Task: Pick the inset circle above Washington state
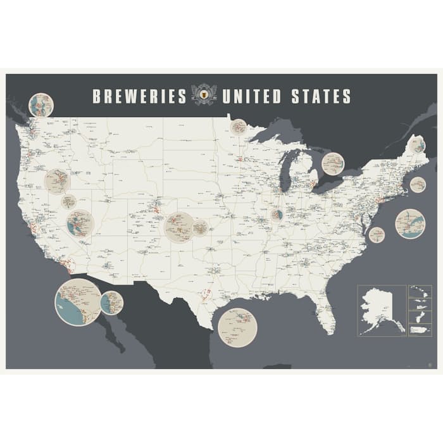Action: [41, 105]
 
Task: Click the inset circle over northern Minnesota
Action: [239, 127]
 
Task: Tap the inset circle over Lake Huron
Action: [333, 165]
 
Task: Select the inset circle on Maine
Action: [416, 145]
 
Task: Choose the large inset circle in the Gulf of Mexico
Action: [237, 327]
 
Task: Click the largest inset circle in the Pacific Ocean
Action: [78, 302]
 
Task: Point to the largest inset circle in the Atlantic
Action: [410, 223]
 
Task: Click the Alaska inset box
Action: [382, 310]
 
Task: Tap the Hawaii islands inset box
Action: [420, 292]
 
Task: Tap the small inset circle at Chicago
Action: [277, 215]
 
